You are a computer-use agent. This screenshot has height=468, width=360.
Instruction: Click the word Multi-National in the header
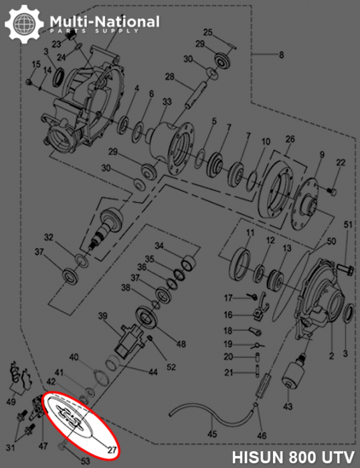(x=104, y=22)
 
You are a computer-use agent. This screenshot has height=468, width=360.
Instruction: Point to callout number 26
(x=290, y=138)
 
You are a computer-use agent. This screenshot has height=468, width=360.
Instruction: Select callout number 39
(x=103, y=316)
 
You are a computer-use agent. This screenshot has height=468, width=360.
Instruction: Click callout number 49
(x=11, y=402)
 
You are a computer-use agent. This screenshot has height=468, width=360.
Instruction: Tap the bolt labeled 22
(x=331, y=191)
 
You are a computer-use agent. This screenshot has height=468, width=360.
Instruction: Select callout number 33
(x=167, y=102)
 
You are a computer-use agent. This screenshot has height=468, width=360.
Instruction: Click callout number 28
(x=170, y=78)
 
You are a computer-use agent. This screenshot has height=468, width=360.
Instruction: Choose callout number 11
(x=249, y=233)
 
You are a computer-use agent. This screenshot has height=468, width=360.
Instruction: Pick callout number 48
(x=181, y=344)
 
